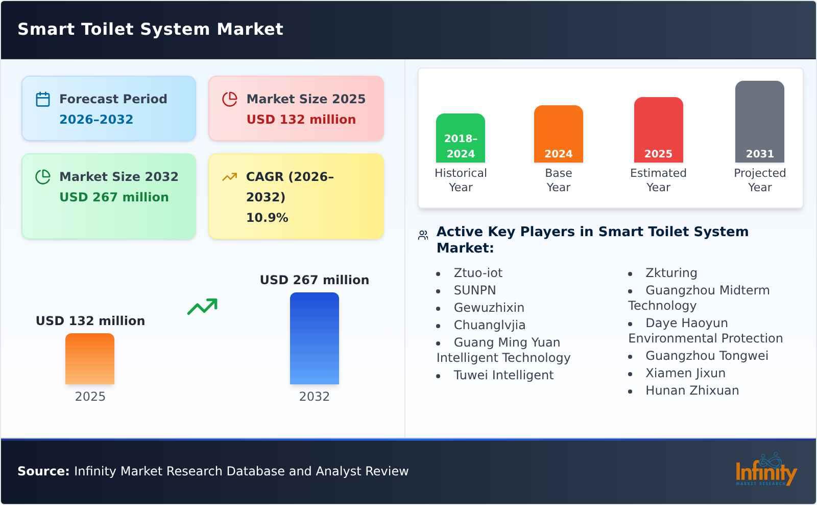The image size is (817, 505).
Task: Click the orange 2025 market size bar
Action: click(x=90, y=359)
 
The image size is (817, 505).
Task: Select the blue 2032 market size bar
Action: click(x=314, y=338)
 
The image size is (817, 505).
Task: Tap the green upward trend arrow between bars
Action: click(x=203, y=307)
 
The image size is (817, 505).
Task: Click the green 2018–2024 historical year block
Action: click(x=461, y=138)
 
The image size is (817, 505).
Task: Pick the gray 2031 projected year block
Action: click(x=759, y=122)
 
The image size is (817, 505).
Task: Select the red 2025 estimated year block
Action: click(x=658, y=130)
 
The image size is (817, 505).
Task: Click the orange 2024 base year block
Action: click(x=558, y=134)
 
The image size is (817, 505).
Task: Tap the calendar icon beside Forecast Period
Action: click(x=43, y=99)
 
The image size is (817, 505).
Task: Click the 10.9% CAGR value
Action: click(x=267, y=218)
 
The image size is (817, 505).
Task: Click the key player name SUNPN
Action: click(x=475, y=290)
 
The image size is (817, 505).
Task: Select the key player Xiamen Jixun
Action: click(x=685, y=373)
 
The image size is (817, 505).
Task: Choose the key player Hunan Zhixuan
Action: click(x=692, y=391)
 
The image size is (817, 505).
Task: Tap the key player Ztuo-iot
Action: click(x=478, y=273)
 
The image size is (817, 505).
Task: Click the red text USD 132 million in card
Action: click(x=301, y=120)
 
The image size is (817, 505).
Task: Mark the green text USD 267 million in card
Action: click(x=114, y=197)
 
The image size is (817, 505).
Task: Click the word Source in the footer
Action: click(x=43, y=471)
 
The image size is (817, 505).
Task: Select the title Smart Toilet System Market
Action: click(x=151, y=29)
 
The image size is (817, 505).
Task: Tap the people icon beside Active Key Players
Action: click(x=423, y=235)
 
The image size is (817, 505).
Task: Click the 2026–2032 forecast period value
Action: click(x=96, y=120)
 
